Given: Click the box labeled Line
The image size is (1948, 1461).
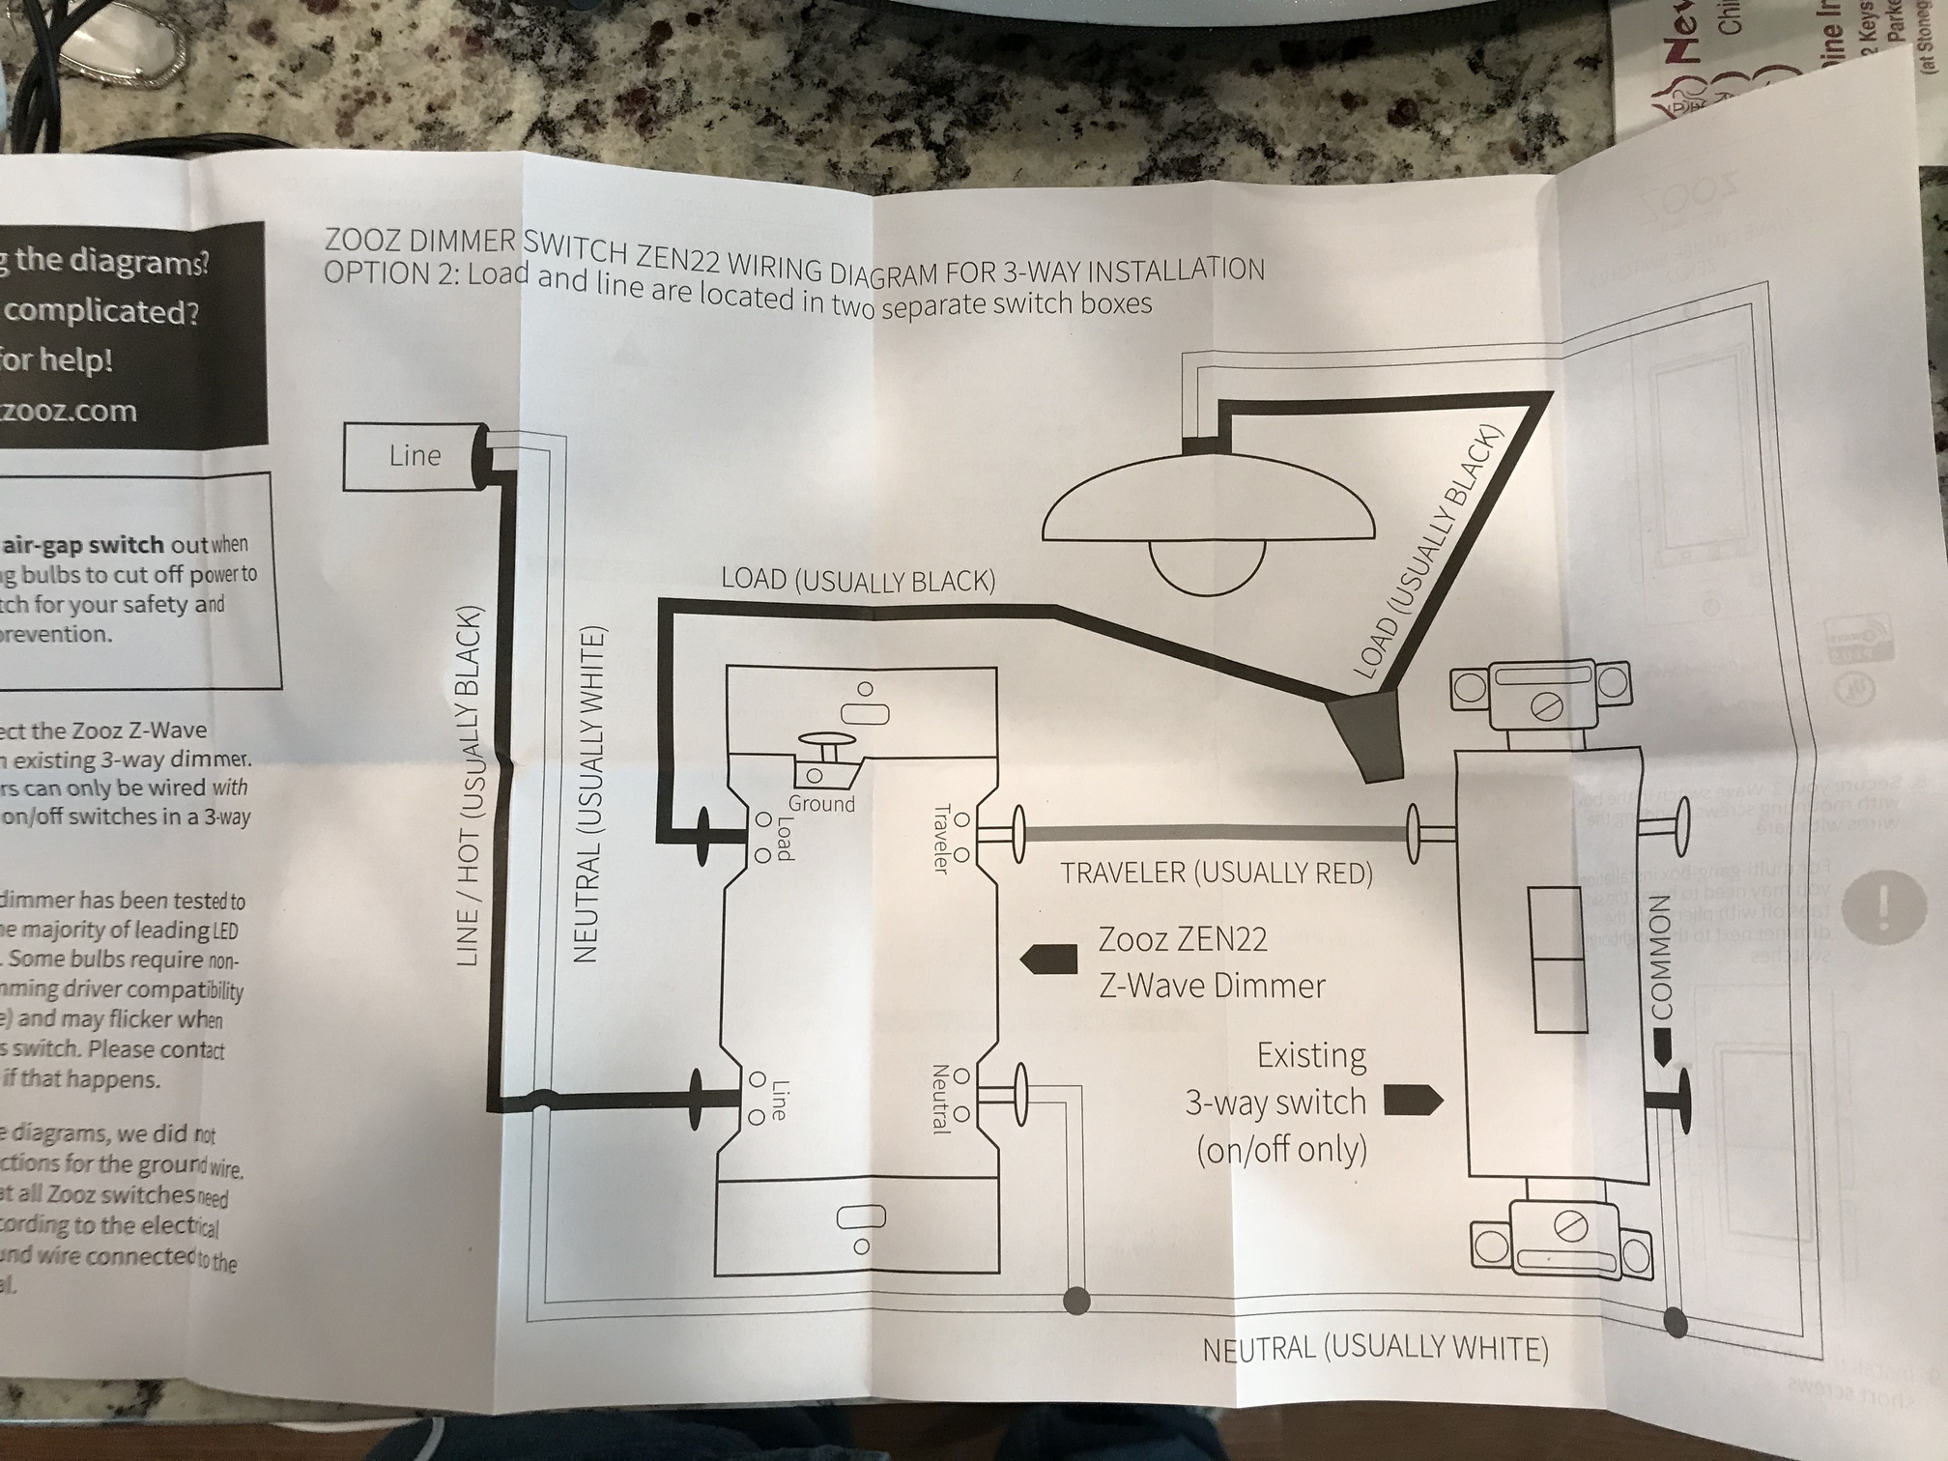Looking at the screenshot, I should tap(414, 456).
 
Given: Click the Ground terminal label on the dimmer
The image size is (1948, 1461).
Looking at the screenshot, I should tap(821, 804).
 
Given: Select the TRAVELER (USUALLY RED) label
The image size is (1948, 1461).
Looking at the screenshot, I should tap(1217, 874).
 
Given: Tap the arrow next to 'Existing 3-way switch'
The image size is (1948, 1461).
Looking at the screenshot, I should tap(1414, 1101).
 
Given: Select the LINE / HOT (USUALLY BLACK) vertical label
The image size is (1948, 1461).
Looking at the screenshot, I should tap(470, 787).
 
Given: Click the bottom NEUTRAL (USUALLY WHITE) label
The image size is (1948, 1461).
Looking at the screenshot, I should tap(1375, 1348).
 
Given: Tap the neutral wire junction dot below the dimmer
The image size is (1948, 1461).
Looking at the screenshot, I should tap(1076, 1301).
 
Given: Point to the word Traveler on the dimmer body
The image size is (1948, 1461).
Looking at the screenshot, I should tap(940, 839).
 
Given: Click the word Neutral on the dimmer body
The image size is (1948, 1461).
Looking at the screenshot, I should tap(938, 1099).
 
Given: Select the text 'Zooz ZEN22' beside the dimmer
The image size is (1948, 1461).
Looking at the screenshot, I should tap(1183, 939).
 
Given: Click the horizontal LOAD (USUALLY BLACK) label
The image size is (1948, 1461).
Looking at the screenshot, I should tap(858, 581).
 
